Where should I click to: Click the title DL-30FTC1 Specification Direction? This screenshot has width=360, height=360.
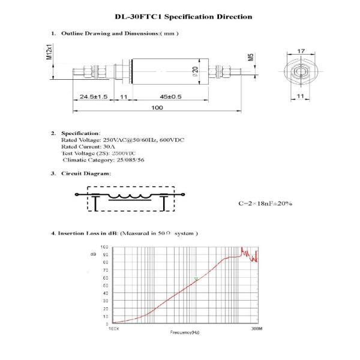(x=183, y=17)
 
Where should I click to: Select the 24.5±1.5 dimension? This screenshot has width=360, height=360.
(x=93, y=96)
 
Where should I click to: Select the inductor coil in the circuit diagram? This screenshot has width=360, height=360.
(x=134, y=195)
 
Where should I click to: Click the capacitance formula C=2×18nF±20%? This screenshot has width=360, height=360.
(x=265, y=203)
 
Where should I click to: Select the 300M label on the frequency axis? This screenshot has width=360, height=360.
(x=257, y=329)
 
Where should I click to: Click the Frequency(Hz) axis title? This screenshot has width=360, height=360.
(x=184, y=332)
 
